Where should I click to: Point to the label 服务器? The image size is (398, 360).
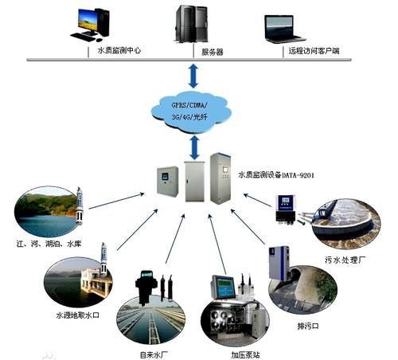click(x=213, y=50)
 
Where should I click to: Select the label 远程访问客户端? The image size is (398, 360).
click(x=311, y=50)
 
